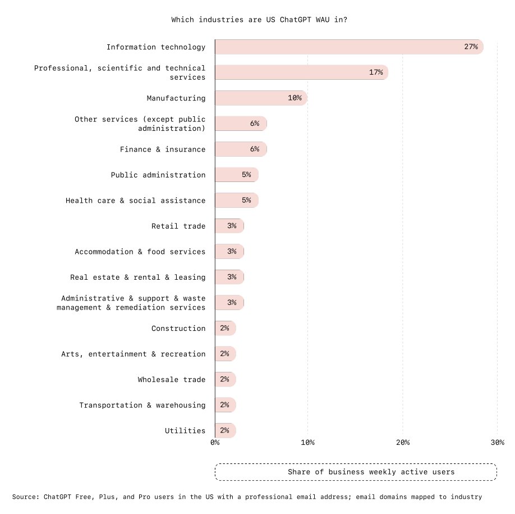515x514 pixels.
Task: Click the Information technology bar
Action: point(348,47)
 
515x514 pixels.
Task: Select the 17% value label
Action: point(375,72)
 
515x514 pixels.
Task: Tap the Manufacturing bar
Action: point(260,98)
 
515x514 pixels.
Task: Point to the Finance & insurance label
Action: point(163,149)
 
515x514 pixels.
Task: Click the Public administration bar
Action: point(236,175)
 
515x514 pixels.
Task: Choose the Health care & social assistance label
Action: point(135,201)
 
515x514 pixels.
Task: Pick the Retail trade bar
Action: point(229,226)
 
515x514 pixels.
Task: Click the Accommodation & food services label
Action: point(140,252)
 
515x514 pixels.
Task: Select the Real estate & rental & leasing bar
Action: point(229,277)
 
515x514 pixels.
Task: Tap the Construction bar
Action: point(225,328)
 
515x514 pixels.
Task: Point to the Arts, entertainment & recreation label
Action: point(133,354)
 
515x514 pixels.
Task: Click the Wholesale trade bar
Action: point(225,379)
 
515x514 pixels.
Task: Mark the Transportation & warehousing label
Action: point(142,405)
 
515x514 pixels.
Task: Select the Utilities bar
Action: point(225,430)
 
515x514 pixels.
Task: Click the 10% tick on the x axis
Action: point(307,443)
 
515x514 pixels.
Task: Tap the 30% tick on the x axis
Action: point(497,443)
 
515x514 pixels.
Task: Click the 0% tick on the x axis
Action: point(215,443)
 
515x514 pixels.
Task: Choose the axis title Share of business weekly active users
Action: point(371,472)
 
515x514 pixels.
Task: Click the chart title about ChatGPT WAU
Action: point(259,20)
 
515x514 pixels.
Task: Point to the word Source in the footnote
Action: point(24,497)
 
